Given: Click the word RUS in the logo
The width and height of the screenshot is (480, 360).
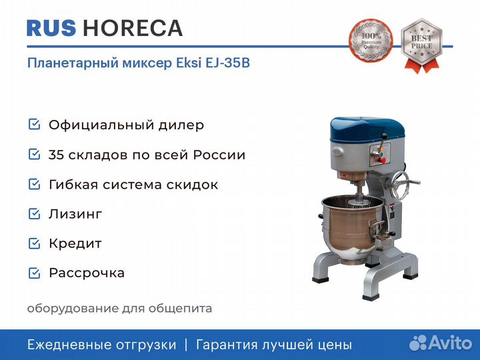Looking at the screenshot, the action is tap(51, 28).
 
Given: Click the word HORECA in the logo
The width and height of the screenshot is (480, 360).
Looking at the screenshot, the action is tap(133, 28).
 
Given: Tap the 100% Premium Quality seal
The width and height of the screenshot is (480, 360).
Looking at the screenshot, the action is tap(371, 40).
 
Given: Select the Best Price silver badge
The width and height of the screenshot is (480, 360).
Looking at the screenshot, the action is tap(421, 45).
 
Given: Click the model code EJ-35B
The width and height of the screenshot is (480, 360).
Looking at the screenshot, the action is tap(228, 63).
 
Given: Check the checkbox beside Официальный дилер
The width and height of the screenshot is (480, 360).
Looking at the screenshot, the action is tap(34, 124).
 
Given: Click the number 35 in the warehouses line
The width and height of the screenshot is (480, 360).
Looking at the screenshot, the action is tap(56, 155).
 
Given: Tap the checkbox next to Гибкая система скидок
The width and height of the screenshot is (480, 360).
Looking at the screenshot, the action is tap(34, 184).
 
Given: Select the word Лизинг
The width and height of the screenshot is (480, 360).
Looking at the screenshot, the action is tap(75, 214).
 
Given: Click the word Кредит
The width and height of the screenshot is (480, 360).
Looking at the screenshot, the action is tap(75, 244).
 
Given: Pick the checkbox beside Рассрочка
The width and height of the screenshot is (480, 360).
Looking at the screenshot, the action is tap(34, 273).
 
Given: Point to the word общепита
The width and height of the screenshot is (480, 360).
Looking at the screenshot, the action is tap(180, 309).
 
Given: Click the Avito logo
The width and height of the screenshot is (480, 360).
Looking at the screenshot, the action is tap(441, 343).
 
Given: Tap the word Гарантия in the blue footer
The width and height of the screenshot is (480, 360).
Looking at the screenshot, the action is tap(227, 345).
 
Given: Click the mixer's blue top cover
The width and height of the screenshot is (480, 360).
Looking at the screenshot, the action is tap(367, 129).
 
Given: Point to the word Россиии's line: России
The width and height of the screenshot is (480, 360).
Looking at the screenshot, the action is tap(219, 155).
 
